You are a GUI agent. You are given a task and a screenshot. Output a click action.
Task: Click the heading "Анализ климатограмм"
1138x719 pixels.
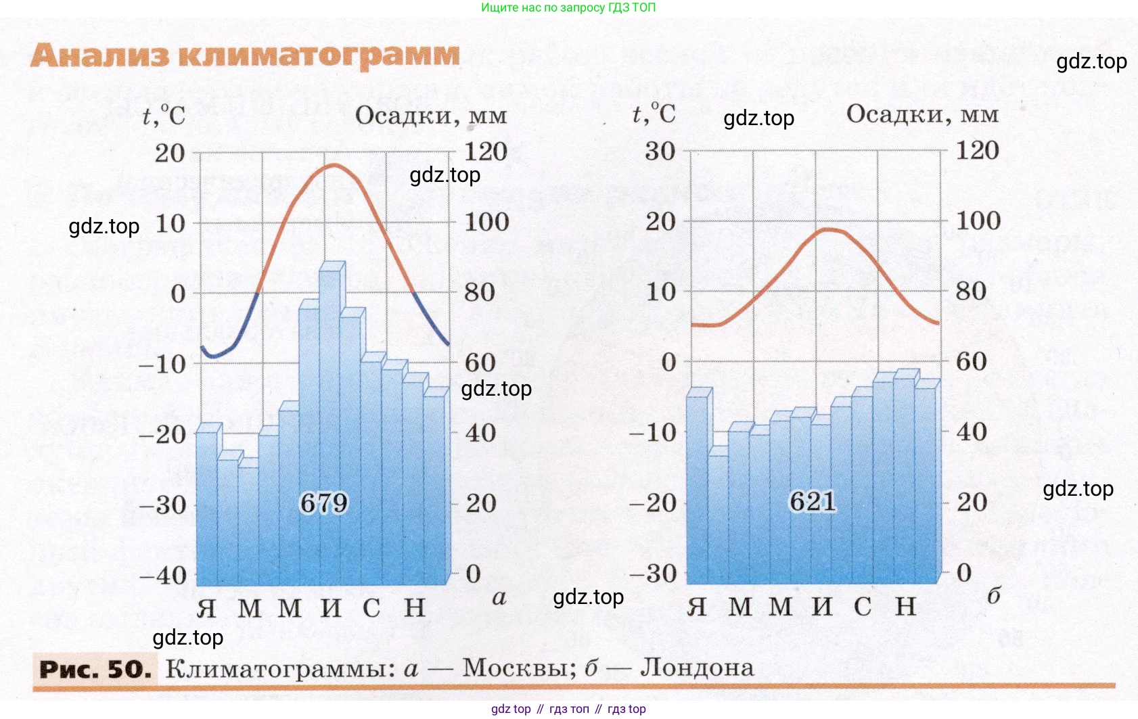245,55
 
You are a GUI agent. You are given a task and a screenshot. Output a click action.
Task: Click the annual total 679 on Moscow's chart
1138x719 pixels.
323,503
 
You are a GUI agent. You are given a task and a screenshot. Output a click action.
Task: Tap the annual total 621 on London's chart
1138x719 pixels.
813,502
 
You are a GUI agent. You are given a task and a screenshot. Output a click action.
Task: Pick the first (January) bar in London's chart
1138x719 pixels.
698,487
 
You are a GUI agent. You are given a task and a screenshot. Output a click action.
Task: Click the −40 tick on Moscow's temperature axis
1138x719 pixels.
162,576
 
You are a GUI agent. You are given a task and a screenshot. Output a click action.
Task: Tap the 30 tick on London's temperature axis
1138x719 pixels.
660,152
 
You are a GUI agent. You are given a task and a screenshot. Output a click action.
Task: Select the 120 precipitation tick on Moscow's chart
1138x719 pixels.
486,152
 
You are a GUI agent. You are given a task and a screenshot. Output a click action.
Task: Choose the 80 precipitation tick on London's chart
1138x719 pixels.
971,292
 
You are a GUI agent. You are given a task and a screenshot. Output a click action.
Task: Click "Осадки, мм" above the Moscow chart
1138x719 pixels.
431,116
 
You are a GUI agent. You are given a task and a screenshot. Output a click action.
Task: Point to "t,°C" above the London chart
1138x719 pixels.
654,114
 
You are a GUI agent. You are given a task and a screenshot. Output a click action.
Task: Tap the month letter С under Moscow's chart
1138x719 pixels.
371,608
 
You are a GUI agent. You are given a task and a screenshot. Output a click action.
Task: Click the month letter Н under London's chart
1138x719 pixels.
906,607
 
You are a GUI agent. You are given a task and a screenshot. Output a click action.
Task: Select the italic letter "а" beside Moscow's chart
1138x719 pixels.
499,598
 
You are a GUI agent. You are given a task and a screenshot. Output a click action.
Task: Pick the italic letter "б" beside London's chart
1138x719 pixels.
993,596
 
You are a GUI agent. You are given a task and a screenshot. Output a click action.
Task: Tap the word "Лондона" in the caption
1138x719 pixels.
697,668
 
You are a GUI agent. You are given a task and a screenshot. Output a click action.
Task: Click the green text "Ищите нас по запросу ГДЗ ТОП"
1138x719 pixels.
568,8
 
